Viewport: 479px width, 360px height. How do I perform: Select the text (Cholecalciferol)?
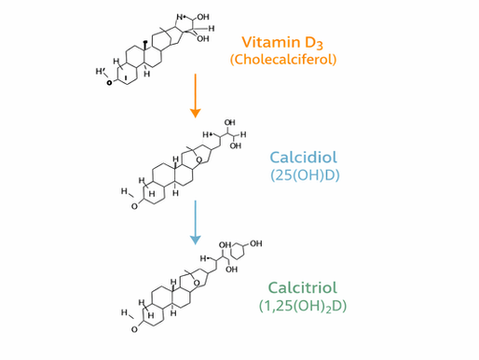coord(282,60)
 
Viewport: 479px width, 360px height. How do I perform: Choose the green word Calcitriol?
coord(301,287)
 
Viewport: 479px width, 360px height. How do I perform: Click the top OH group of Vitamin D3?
coord(203,18)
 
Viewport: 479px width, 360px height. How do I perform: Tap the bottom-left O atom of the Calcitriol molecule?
coord(134,329)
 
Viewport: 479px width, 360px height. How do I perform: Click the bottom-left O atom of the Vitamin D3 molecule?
coord(110,83)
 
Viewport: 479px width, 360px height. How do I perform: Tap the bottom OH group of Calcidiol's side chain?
coord(235,145)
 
